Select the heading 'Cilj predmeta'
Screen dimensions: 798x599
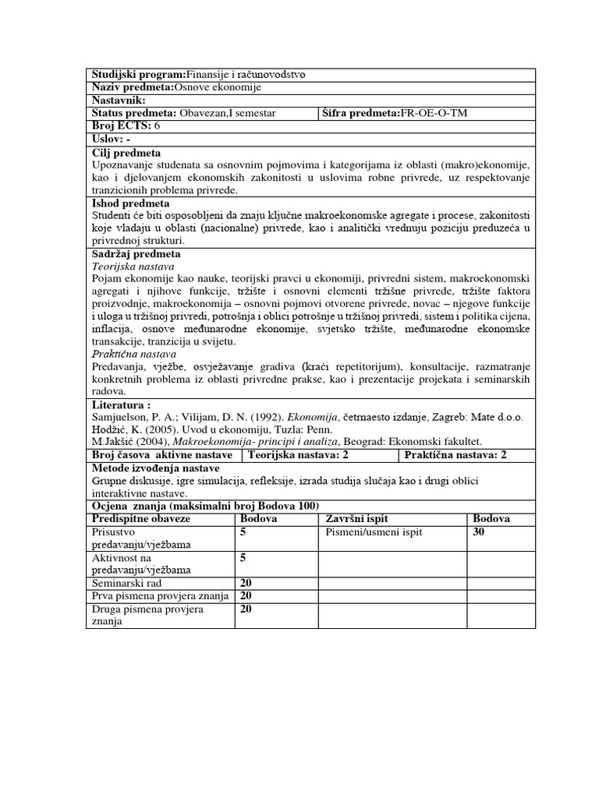coord(126,153)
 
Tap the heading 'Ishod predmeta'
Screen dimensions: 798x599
coord(130,203)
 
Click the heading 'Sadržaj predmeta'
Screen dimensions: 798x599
coord(136,254)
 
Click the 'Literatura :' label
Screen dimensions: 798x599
coord(122,405)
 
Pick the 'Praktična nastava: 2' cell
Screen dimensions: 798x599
coord(455,455)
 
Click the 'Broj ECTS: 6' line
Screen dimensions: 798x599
coord(126,125)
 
